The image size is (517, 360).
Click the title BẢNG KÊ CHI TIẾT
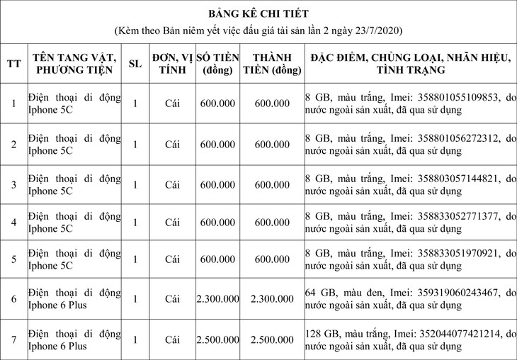(x=258, y=13)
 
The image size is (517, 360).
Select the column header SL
(x=135, y=63)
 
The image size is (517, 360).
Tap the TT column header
(x=14, y=63)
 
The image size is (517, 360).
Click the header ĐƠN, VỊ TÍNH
(x=172, y=63)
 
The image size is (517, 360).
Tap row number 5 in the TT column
(x=14, y=259)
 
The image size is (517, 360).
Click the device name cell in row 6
(x=74, y=300)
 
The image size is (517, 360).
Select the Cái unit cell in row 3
(x=172, y=184)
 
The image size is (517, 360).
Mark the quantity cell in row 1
(x=135, y=103)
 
